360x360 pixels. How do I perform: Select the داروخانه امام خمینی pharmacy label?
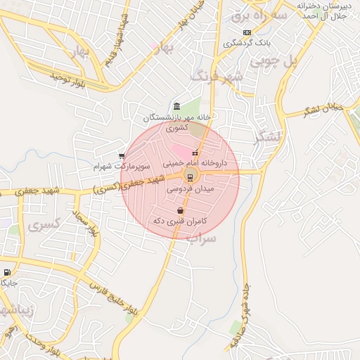(x=194, y=162)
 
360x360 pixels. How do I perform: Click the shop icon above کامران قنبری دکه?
(x=181, y=210)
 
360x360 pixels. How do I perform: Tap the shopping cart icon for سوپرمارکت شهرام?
(x=122, y=157)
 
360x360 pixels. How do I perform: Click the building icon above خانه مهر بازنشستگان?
(x=176, y=106)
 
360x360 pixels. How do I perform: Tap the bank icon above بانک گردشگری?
(x=247, y=32)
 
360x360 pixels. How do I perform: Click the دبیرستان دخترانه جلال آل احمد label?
(x=324, y=10)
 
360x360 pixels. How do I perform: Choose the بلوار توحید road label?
(x=67, y=79)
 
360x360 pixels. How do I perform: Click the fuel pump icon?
(x=7, y=273)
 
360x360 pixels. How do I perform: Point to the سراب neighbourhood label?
(x=201, y=238)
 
